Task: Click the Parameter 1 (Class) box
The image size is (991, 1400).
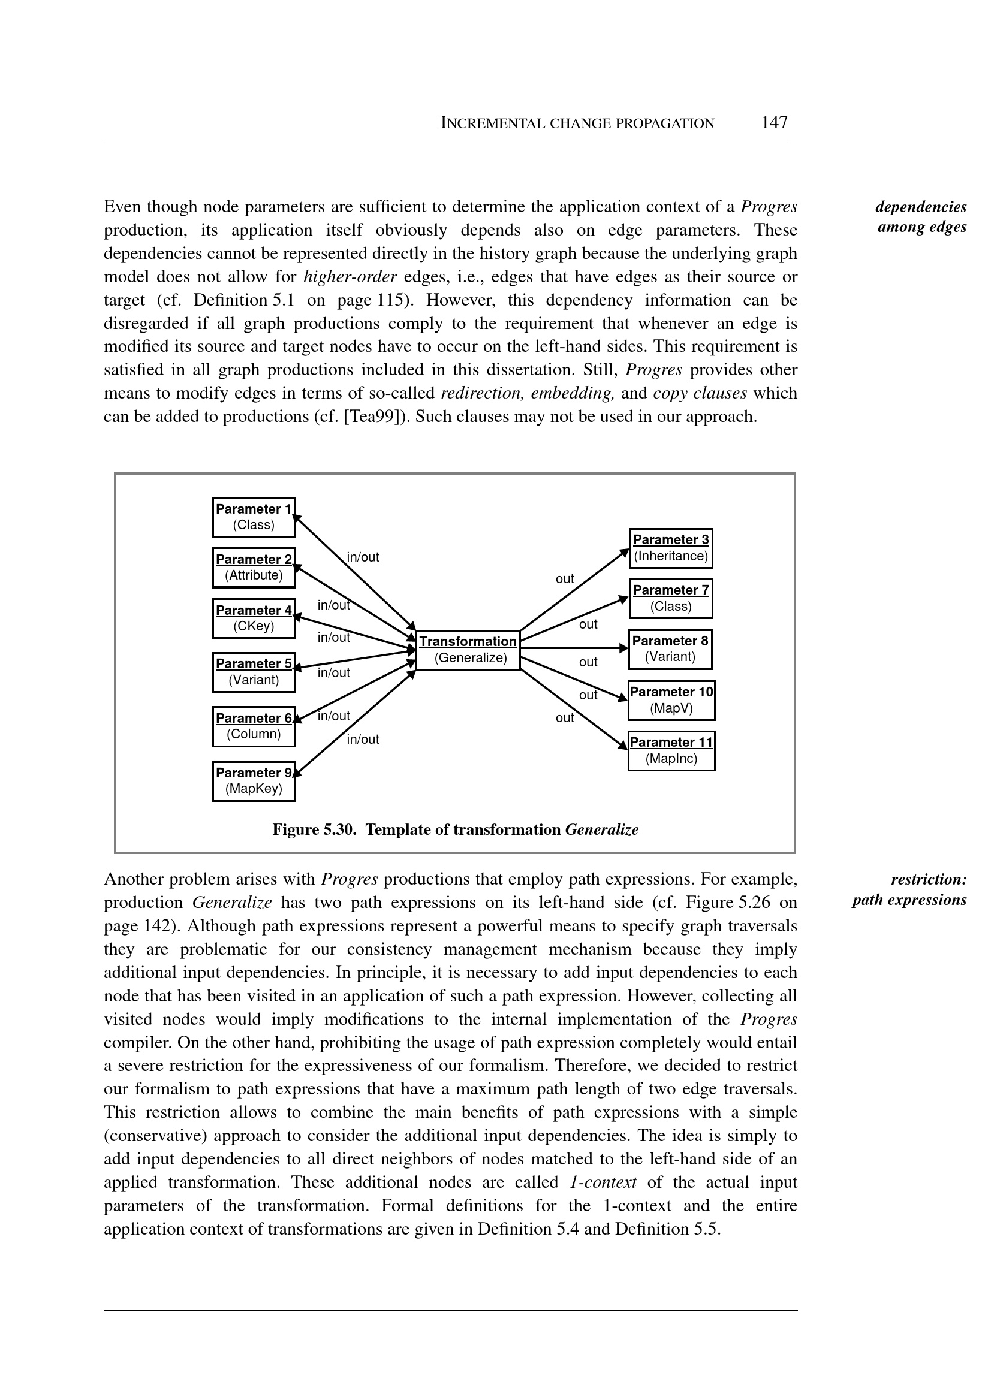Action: coord(253,517)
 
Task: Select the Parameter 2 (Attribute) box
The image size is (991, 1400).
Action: coord(253,568)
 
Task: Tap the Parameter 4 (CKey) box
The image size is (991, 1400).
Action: coord(253,618)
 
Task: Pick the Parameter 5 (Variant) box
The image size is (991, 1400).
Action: coord(253,672)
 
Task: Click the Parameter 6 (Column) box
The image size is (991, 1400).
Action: coord(253,726)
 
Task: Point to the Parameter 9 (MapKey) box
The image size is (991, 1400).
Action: coord(253,780)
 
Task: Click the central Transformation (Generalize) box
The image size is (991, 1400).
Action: coord(468,650)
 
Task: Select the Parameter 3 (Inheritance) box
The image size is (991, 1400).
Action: coord(671,548)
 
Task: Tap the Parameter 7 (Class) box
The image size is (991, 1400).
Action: coord(671,599)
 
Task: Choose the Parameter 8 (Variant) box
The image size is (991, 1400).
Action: coord(670,649)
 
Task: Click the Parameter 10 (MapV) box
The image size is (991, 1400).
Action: coord(671,701)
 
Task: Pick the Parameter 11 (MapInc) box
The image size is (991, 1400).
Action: coord(671,750)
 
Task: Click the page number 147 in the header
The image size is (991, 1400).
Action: coord(774,123)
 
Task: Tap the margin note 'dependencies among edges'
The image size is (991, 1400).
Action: coord(921,216)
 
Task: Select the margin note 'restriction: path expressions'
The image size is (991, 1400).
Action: coord(910,889)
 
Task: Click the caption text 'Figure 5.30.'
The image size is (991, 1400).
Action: coord(314,829)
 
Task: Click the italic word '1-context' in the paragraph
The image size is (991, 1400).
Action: coord(603,1182)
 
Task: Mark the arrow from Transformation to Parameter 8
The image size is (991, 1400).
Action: coord(574,648)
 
